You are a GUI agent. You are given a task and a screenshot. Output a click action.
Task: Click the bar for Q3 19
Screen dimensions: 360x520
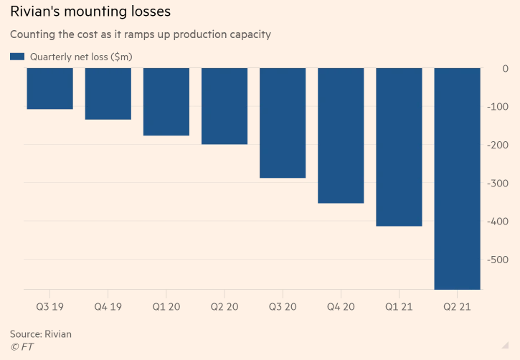49,88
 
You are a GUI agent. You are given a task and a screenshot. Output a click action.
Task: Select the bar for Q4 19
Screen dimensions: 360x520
108,93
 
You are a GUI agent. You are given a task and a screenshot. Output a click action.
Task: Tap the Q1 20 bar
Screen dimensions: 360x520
166,101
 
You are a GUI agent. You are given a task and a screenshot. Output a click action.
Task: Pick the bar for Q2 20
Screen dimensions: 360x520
224,105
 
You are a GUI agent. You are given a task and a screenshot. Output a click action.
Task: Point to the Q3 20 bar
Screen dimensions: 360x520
282,123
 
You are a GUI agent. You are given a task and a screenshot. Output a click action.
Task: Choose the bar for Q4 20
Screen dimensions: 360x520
340,136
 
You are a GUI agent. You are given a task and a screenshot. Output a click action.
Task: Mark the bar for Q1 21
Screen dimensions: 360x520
399,147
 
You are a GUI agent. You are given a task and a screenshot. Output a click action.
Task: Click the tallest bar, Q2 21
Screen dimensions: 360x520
457,179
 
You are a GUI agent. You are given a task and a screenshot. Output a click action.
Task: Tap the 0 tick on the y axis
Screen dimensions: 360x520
505,69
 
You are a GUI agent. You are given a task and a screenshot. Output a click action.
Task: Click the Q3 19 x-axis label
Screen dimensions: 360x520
49,305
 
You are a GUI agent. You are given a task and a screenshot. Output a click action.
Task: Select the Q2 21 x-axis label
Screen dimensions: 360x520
457,305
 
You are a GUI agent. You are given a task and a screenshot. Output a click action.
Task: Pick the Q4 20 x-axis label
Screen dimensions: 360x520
340,305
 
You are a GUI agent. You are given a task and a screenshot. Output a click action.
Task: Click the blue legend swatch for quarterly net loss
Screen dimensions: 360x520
17,57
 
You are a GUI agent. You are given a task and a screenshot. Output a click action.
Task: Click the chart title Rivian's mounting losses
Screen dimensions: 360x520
90,13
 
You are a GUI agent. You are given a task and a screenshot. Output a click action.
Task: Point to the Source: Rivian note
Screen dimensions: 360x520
41,334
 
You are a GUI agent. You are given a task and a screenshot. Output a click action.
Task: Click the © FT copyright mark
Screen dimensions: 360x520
22,347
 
